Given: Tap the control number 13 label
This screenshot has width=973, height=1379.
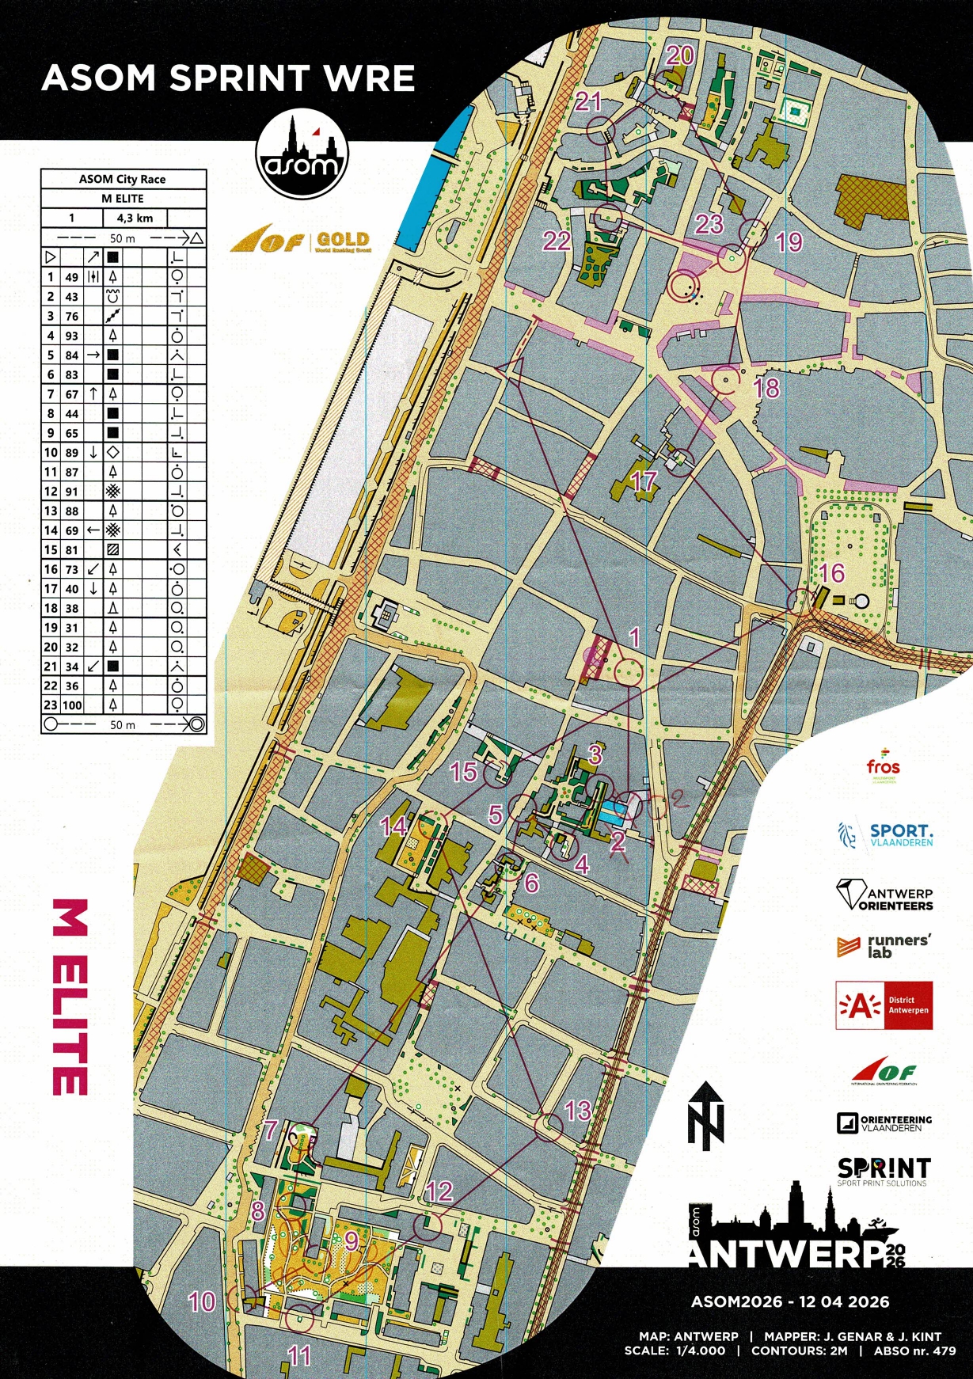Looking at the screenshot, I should [578, 1111].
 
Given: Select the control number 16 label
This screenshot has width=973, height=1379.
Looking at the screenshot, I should [832, 573].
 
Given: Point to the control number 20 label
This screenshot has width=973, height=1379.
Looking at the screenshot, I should [680, 55].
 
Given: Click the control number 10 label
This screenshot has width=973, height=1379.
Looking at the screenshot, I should [201, 1301].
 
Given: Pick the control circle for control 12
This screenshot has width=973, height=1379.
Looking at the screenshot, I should [428, 1226].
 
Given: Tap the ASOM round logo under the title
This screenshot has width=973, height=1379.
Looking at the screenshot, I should [302, 154].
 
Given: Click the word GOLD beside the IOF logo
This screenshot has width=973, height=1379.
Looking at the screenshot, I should [343, 239].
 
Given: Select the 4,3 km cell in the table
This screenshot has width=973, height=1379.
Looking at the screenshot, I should [135, 218].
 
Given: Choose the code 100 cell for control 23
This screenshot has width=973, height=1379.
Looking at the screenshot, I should [72, 705].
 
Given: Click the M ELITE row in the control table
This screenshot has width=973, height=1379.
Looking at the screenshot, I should [123, 198].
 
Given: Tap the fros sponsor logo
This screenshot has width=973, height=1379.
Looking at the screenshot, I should [883, 767].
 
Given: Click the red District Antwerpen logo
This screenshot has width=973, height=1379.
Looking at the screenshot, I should [884, 1005].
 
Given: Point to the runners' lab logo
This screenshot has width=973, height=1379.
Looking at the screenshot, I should [884, 946].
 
